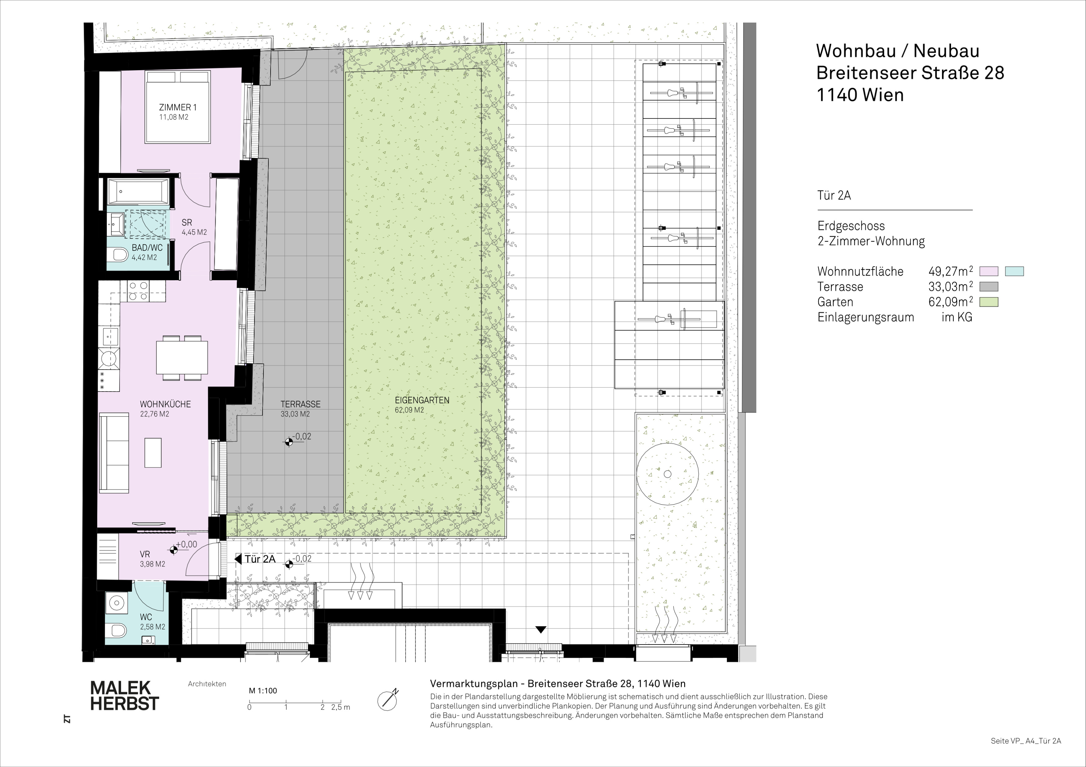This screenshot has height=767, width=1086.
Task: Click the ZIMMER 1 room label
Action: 178,107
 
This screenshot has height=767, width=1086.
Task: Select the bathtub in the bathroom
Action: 138,191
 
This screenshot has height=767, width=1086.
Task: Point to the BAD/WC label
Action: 147,248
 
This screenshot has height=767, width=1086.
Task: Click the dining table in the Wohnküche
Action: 182,357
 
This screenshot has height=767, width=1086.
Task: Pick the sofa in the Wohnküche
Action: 114,452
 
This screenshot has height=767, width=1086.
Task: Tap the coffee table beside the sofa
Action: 153,453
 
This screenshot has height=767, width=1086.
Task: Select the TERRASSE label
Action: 300,404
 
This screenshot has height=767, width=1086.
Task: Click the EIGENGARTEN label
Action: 422,400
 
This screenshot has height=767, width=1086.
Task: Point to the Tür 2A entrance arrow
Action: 238,559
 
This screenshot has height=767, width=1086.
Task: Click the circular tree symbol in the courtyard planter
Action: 667,474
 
